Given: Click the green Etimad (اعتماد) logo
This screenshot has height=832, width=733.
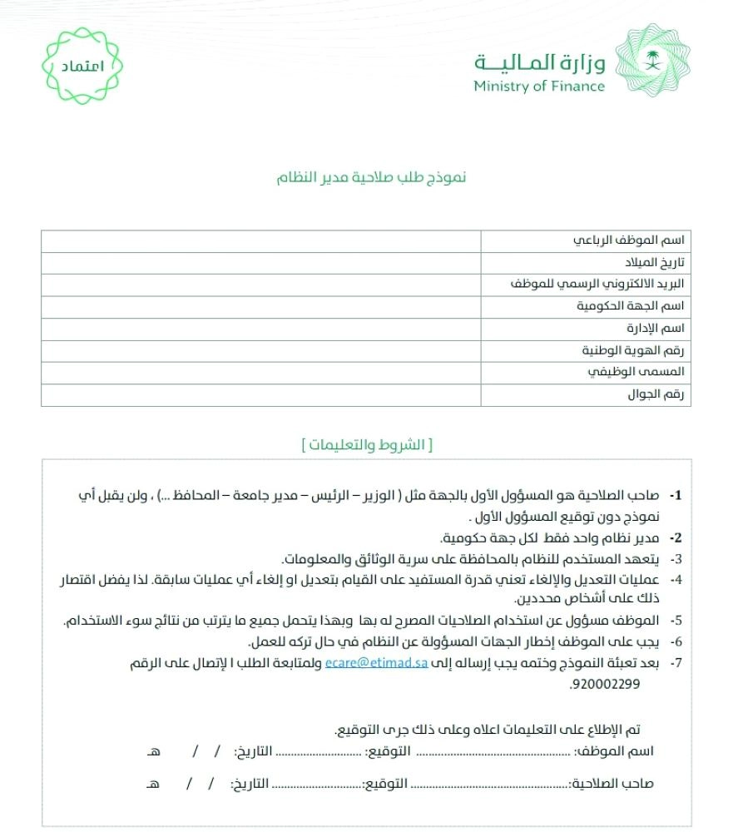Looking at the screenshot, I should (x=82, y=66).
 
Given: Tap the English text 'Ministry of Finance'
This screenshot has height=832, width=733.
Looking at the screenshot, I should (x=539, y=86).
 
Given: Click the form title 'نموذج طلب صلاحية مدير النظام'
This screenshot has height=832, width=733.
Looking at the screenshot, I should (x=372, y=177).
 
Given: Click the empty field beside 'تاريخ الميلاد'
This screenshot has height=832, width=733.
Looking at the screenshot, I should (x=260, y=263).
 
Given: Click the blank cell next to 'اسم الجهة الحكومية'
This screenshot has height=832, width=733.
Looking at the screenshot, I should (x=260, y=307).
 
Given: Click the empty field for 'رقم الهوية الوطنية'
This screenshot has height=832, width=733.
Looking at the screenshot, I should (x=260, y=351).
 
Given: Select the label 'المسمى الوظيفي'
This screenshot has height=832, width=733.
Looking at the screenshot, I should (x=646, y=373).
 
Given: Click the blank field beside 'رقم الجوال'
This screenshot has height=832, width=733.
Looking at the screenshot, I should (x=260, y=395).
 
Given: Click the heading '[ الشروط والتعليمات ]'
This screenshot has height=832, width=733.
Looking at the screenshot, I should (x=368, y=444).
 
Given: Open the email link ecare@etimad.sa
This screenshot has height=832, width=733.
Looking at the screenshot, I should (x=376, y=663).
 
